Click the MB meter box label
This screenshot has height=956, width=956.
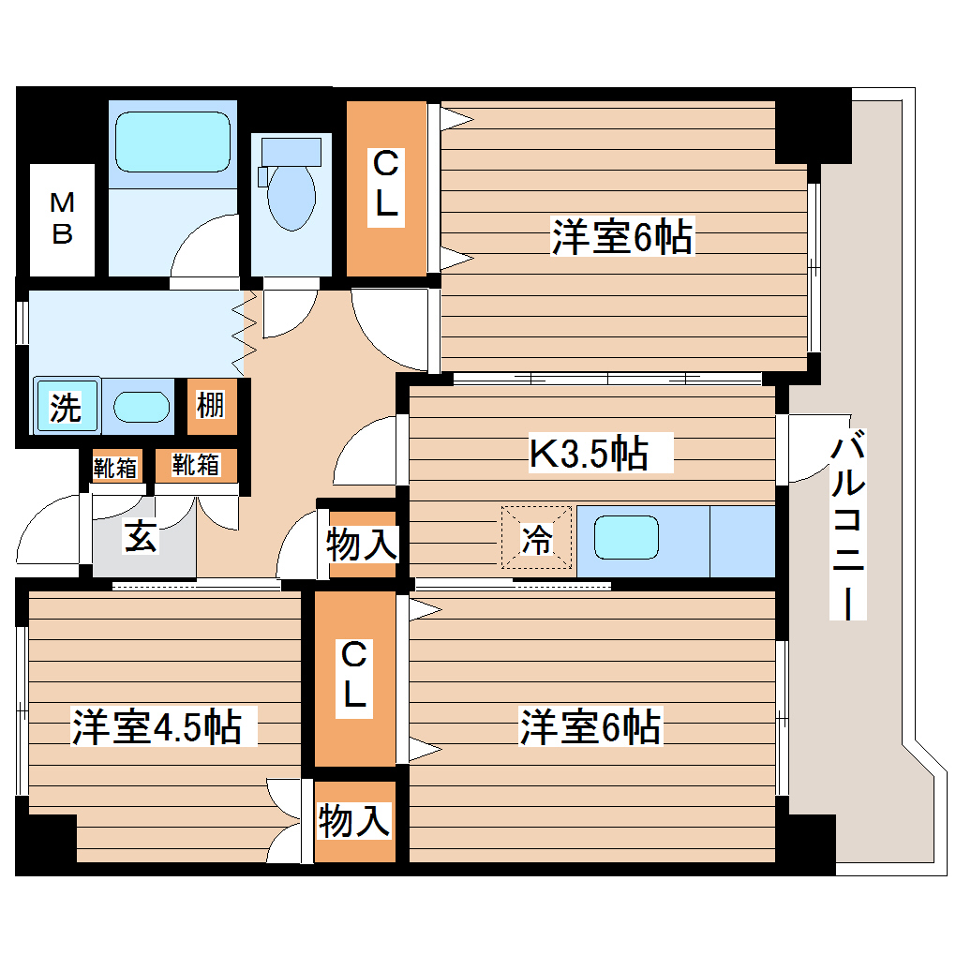click(62, 218)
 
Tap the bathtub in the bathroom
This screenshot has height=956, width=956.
click(172, 142)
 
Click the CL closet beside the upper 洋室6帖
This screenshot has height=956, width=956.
click(387, 187)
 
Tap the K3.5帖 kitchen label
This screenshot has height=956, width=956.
click(589, 454)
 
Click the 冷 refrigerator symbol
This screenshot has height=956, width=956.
click(536, 540)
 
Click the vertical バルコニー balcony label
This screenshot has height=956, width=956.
click(847, 525)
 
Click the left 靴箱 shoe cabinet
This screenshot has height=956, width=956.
click(115, 466)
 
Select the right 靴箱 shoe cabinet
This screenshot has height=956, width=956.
click(196, 464)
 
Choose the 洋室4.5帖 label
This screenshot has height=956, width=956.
click(157, 726)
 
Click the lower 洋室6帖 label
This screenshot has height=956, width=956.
click(591, 727)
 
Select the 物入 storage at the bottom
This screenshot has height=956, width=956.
click(353, 821)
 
